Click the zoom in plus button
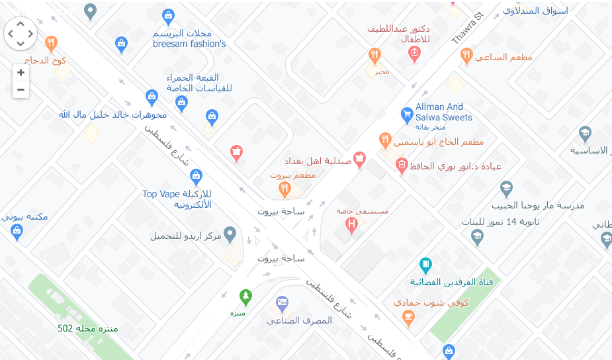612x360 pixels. tap(21, 73)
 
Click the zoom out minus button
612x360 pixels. tap(21, 89)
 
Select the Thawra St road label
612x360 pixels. tap(468, 28)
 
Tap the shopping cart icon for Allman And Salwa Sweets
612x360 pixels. tap(408, 114)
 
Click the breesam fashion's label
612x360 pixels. tap(189, 44)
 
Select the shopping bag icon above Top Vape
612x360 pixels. tap(196, 176)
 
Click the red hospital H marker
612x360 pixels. tap(353, 225)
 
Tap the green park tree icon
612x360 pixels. tap(245, 295)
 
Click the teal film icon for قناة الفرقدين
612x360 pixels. tap(426, 265)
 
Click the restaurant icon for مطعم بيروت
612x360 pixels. tap(284, 190)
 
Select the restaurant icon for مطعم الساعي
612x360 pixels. tap(466, 56)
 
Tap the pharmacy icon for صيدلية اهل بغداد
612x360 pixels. tap(360, 159)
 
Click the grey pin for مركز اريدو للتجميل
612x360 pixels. tap(230, 234)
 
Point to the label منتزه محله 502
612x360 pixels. tap(89, 328)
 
